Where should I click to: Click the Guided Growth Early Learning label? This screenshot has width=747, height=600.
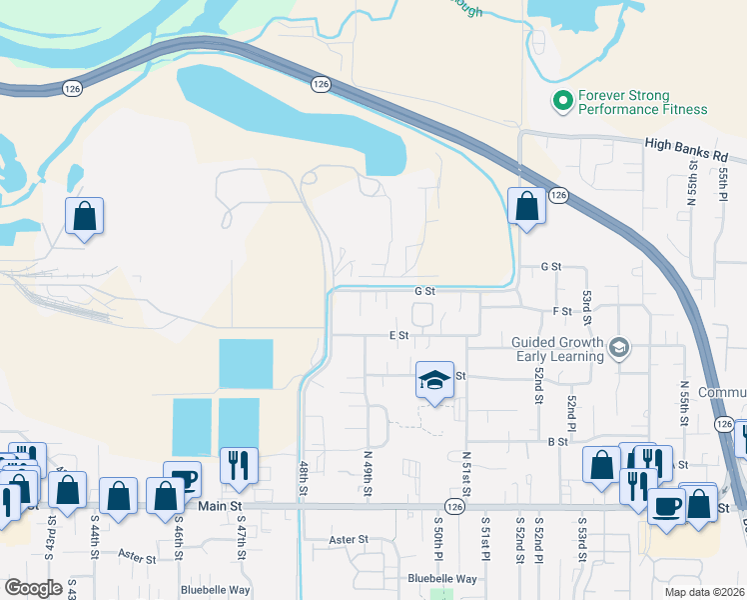coord(557,348)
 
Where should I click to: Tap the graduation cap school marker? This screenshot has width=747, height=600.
coord(434,381)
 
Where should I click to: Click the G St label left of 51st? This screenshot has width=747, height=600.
coord(425,291)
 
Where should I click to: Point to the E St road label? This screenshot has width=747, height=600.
coord(399,335)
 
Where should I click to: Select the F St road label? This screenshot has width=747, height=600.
coord(561,311)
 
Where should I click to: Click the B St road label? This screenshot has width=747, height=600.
coord(557,440)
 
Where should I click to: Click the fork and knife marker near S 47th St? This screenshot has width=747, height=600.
coord(239,466)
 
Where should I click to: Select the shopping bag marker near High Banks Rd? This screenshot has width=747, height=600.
coord(525,207)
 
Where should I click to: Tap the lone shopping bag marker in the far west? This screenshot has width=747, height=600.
coord(85,216)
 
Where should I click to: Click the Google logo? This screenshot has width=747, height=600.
coord(33,588)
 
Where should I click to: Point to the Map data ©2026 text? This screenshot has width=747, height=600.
coord(705,591)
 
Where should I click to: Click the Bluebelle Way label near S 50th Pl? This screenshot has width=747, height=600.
coord(442,579)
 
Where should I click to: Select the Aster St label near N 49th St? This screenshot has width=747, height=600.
coord(349,539)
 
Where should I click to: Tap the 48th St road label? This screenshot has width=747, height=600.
coord(304,484)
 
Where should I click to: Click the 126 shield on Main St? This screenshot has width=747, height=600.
coord(453,507)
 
